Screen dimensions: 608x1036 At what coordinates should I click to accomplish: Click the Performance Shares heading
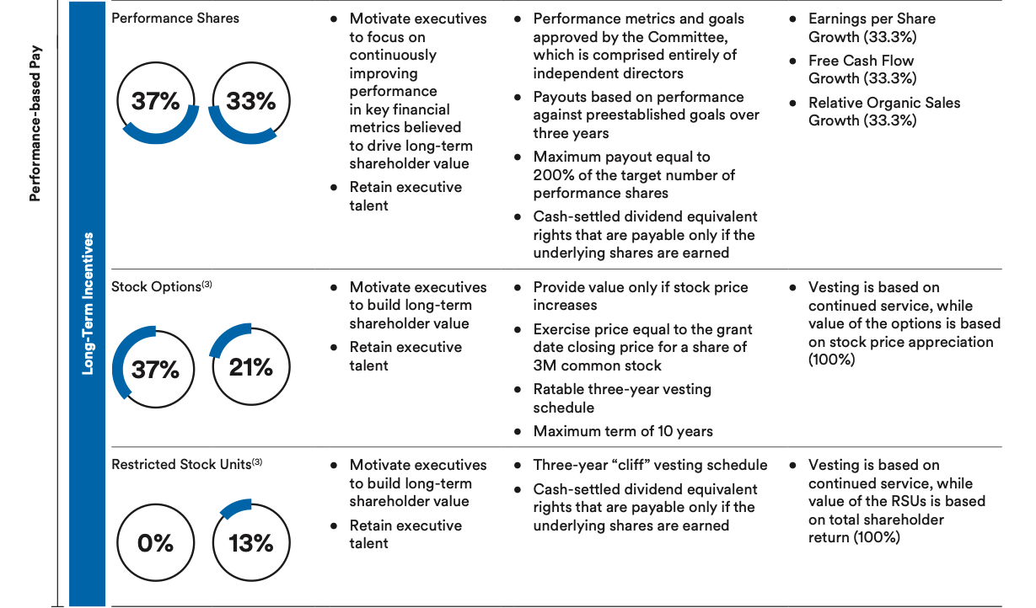pos(175,18)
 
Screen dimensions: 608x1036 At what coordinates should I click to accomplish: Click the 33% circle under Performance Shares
pos(251,102)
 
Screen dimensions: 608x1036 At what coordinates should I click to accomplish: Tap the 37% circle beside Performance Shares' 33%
pos(156,102)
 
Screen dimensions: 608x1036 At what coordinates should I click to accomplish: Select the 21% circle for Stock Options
pos(251,368)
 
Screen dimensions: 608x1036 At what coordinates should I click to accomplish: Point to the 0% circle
pos(156,543)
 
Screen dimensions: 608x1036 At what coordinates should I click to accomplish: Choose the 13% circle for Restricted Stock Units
pos(251,543)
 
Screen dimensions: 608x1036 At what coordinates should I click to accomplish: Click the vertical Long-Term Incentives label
pos(87,303)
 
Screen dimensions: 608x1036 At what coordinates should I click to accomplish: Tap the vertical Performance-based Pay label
pos(35,123)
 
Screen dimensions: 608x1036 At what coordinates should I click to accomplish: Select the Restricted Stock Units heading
pos(181,465)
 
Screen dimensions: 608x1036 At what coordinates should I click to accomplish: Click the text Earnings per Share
pos(872,19)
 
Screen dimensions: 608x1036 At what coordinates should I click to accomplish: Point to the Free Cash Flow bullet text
pos(861,61)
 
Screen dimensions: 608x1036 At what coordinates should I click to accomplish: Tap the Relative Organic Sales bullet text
pos(884,103)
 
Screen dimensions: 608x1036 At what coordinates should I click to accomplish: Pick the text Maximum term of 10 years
pos(623,431)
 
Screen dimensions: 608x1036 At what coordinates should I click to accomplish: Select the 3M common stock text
pos(597,365)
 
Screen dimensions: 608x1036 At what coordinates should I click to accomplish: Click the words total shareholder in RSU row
pos(876,520)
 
